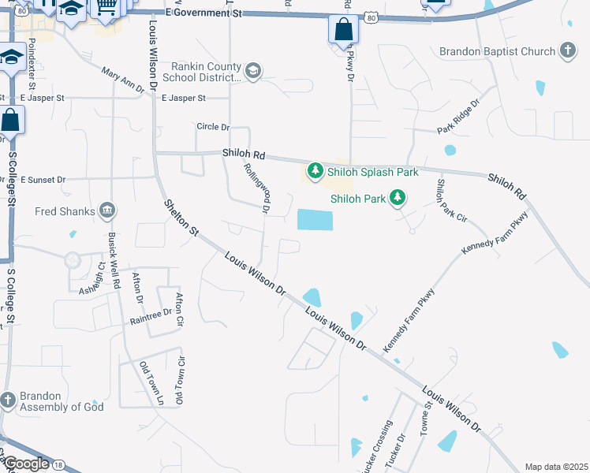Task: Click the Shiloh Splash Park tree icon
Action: (316, 170)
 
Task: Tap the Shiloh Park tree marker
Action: (399, 198)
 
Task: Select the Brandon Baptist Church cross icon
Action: (567, 51)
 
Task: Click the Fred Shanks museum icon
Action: (108, 211)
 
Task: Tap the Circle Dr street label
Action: (213, 127)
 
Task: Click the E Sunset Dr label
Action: (43, 180)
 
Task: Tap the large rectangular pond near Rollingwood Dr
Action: (315, 220)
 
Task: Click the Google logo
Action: (26, 464)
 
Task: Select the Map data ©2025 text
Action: (556, 467)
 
